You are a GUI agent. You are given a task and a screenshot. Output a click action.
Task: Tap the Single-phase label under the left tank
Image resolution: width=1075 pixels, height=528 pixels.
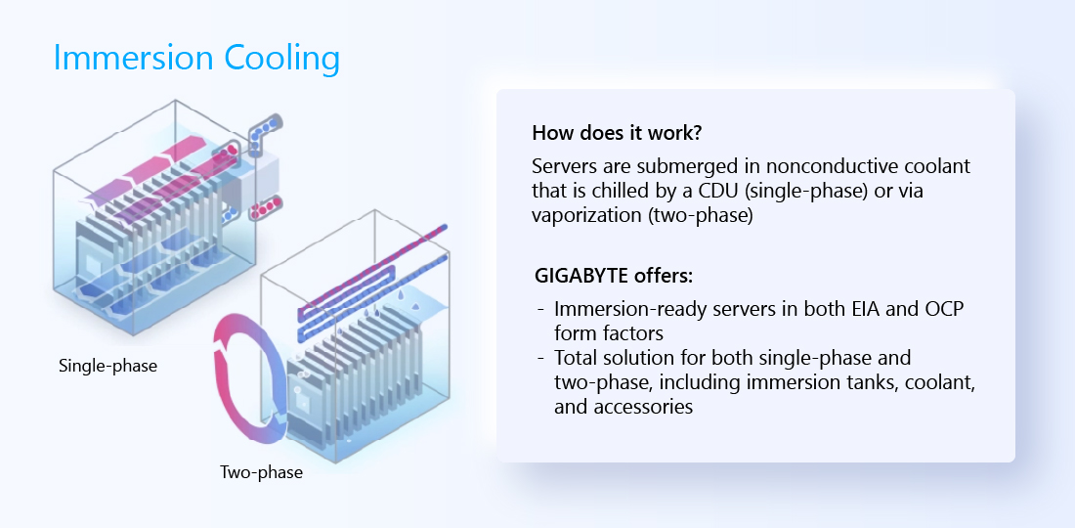[107, 366]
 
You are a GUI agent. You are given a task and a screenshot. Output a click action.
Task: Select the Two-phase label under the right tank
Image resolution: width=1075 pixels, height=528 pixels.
[261, 472]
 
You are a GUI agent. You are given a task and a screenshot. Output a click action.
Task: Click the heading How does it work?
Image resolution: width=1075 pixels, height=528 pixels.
[617, 133]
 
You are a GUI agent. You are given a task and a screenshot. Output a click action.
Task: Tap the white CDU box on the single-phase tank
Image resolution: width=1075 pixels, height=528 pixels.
[257, 173]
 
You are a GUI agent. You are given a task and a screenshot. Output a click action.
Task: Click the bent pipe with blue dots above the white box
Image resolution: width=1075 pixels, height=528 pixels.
[263, 134]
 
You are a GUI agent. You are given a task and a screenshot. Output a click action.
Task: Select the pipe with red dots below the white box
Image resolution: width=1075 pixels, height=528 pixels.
[266, 207]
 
